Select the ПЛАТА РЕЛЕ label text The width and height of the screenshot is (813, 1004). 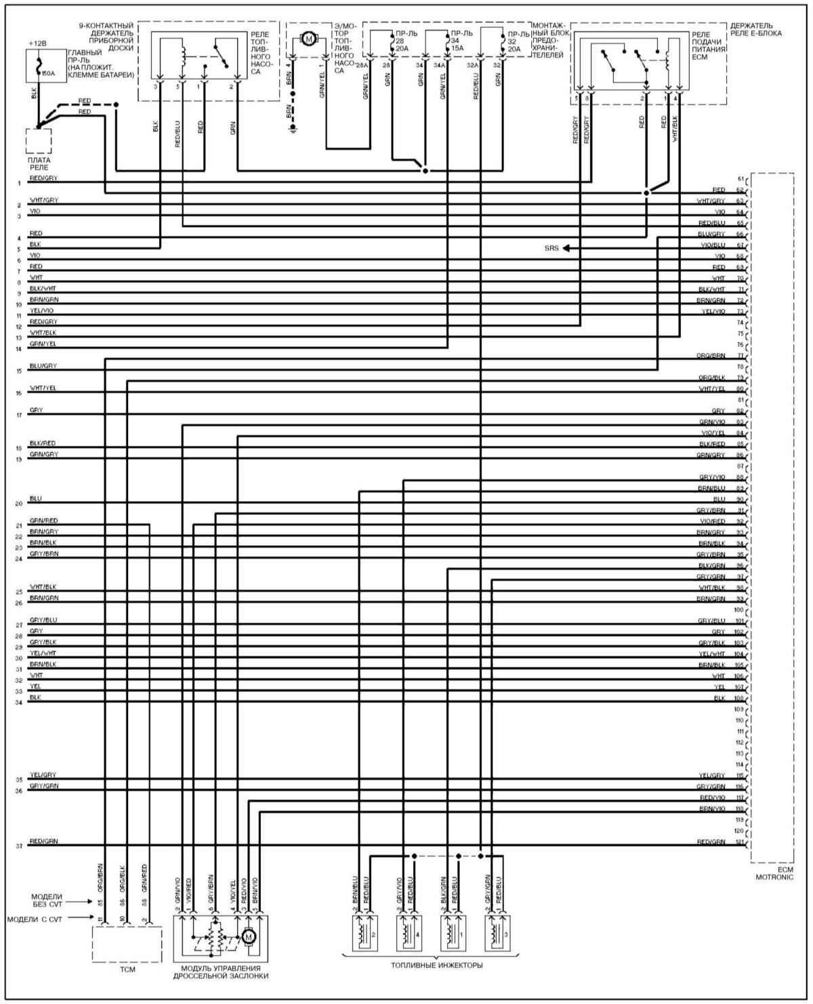coord(39,163)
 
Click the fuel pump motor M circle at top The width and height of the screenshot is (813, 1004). coord(310,39)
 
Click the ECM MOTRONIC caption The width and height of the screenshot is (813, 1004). coord(773,873)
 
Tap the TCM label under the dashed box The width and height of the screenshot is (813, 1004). coord(127,969)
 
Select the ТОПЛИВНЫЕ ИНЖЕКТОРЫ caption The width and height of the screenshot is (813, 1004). coord(436,965)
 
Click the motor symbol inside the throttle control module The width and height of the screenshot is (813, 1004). coord(249,937)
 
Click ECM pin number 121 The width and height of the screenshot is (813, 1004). coord(740,842)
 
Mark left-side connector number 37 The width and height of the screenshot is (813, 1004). coord(19,846)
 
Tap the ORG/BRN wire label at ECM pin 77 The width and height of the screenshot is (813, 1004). coord(711,356)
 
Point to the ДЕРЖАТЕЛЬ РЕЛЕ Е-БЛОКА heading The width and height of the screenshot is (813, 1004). coord(756,29)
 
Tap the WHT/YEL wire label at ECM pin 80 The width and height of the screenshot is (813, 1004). coord(712,388)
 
